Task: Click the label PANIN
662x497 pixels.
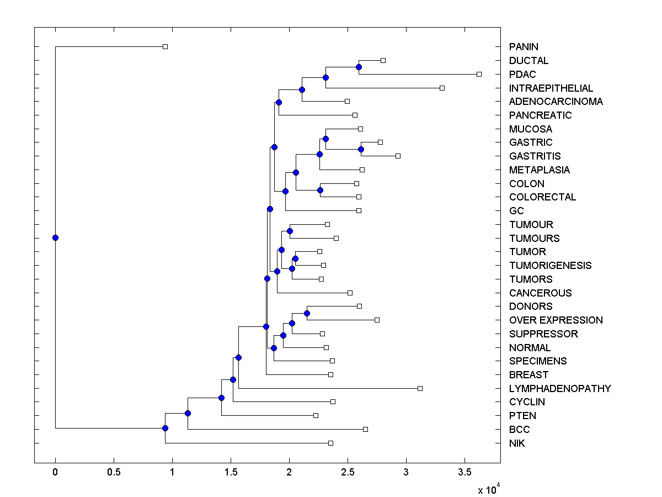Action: click(x=524, y=47)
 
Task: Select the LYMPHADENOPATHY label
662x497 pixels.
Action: click(x=560, y=388)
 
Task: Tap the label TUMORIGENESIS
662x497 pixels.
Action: click(x=550, y=266)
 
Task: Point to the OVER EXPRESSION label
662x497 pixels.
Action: click(x=556, y=320)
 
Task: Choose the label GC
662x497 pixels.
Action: click(x=516, y=211)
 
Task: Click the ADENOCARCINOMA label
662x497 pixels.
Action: click(x=556, y=102)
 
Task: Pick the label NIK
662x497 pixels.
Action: click(x=517, y=443)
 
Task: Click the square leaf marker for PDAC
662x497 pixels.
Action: click(x=479, y=74)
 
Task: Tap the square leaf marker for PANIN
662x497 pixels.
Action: click(x=165, y=46)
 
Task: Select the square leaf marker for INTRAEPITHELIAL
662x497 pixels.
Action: click(x=442, y=88)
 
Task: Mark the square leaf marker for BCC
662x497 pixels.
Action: click(x=365, y=429)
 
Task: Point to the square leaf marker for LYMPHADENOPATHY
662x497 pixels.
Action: click(x=420, y=388)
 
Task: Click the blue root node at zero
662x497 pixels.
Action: click(x=55, y=237)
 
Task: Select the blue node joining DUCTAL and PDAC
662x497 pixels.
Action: click(x=359, y=67)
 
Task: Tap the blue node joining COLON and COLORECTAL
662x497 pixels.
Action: click(x=320, y=190)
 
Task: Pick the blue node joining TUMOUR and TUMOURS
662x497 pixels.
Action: click(x=290, y=231)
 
